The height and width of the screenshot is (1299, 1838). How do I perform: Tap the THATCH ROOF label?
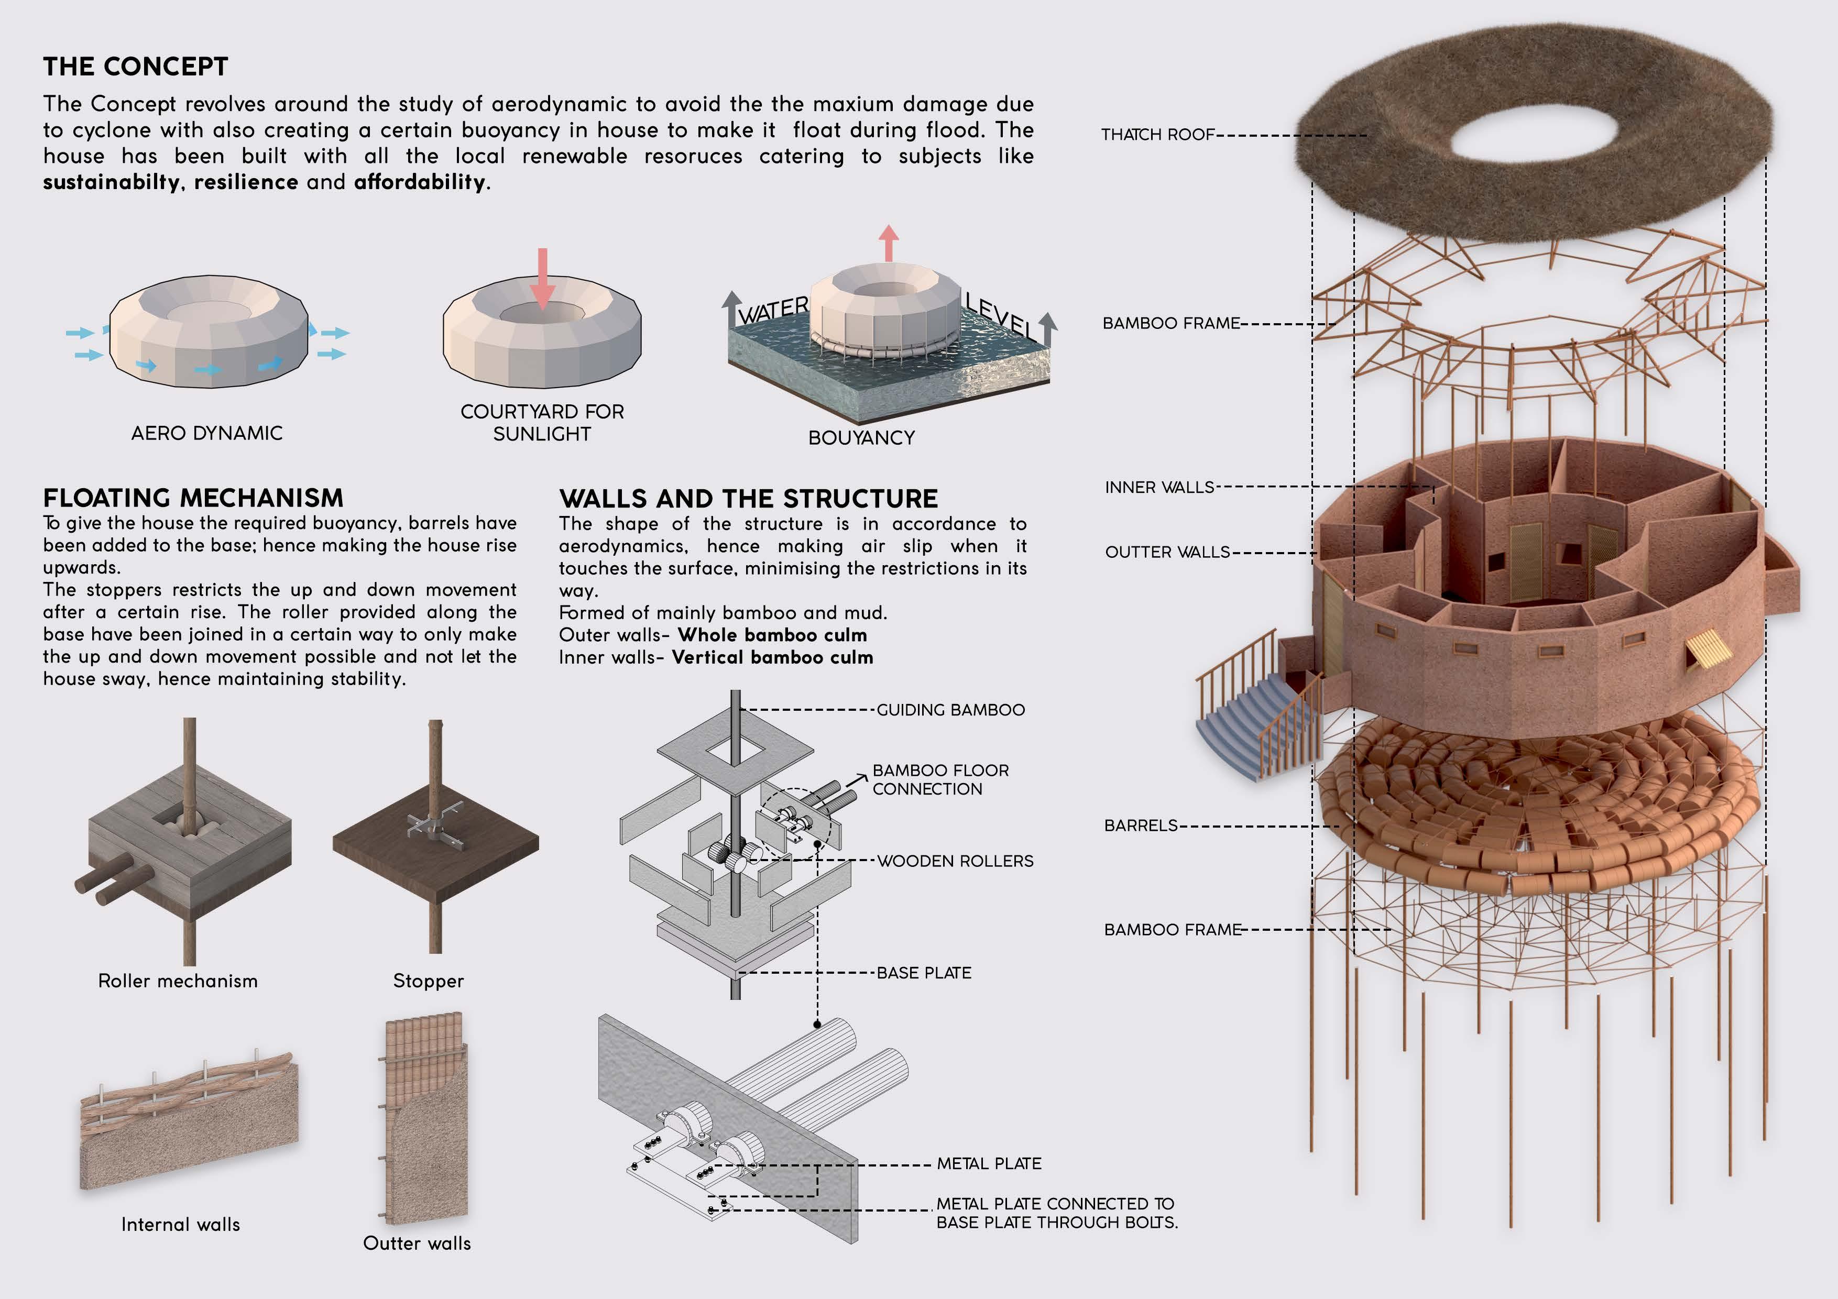coord(1157,135)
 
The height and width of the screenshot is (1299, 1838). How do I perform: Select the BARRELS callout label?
coord(1141,825)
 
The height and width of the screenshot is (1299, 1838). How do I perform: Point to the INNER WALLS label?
coord(1159,488)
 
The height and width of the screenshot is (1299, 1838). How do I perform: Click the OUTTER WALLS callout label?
coord(1167,552)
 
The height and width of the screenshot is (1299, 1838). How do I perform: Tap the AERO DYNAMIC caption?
coord(206,433)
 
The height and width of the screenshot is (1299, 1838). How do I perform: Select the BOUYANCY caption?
coord(861,438)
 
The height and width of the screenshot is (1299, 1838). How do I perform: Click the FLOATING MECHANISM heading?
coord(193,498)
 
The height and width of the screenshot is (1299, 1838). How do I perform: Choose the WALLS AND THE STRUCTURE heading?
coord(749,499)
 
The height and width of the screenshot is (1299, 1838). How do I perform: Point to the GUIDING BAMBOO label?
coord(950,710)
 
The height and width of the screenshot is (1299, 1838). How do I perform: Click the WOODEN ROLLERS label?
coord(955,861)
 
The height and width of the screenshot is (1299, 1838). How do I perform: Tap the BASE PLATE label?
coord(924,973)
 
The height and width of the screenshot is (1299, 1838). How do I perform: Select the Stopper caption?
coord(428,981)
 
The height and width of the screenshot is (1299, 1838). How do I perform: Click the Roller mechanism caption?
coord(178,981)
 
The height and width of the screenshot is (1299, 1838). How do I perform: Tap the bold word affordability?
coord(420,182)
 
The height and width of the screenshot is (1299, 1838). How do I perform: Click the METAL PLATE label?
coord(989,1164)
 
